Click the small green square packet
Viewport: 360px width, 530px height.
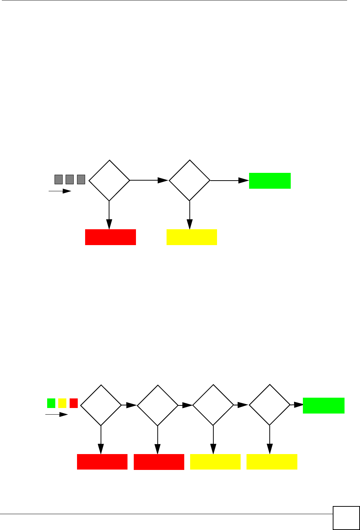pos(51,403)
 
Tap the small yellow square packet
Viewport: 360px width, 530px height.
pos(62,403)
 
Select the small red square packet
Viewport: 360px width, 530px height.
pos(74,403)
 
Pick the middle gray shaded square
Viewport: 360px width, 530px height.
pos(70,179)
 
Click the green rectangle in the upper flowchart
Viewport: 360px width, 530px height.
pos(270,181)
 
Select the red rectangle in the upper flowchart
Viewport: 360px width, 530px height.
pos(111,237)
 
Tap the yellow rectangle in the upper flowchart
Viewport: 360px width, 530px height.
pos(192,237)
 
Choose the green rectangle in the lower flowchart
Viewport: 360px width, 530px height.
pos(324,405)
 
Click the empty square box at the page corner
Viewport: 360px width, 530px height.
pos(346,518)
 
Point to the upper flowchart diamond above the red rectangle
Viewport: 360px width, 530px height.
pos(109,180)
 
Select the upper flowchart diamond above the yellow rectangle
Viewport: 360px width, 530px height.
pos(189,180)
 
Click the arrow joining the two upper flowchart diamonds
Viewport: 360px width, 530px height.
pos(149,180)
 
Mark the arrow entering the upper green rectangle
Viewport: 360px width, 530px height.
pos(230,181)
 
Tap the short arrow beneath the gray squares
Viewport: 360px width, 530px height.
pos(60,191)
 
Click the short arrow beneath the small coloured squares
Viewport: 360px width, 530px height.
pos(57,415)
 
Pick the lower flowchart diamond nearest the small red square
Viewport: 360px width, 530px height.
pos(101,405)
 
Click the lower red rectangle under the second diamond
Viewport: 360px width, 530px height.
pos(159,462)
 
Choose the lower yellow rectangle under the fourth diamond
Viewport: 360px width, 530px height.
pos(272,462)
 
